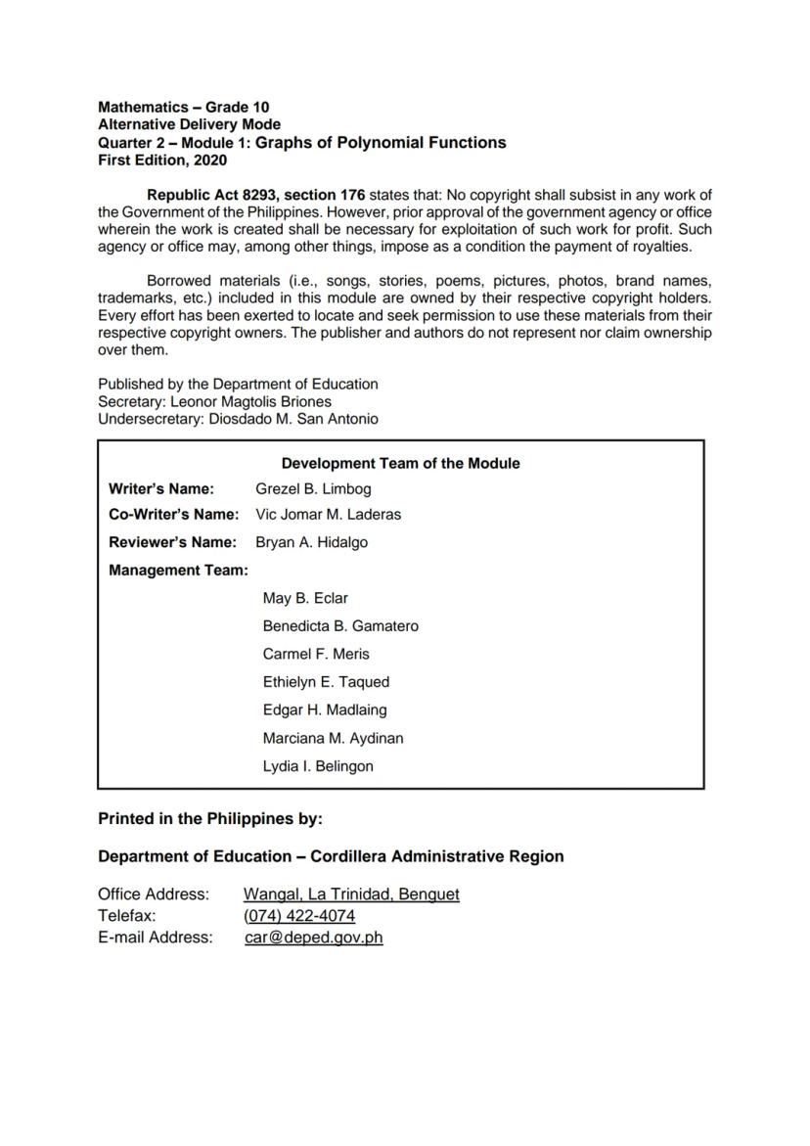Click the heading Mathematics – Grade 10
tap(183, 107)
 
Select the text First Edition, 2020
tap(161, 160)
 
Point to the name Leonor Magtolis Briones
tap(250, 401)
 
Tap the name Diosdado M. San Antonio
tap(293, 419)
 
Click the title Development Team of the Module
tap(400, 463)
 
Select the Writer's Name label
tap(161, 488)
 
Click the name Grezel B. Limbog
tap(313, 488)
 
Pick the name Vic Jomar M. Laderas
tap(328, 514)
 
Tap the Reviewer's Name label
tap(172, 542)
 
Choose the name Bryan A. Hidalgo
tap(311, 542)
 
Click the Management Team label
tap(178, 570)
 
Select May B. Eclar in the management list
tap(305, 598)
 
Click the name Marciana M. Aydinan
tap(333, 738)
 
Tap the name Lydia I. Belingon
tap(318, 766)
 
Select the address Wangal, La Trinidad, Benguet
tap(351, 894)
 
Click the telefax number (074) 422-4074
tap(299, 916)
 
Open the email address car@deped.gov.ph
tap(314, 938)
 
